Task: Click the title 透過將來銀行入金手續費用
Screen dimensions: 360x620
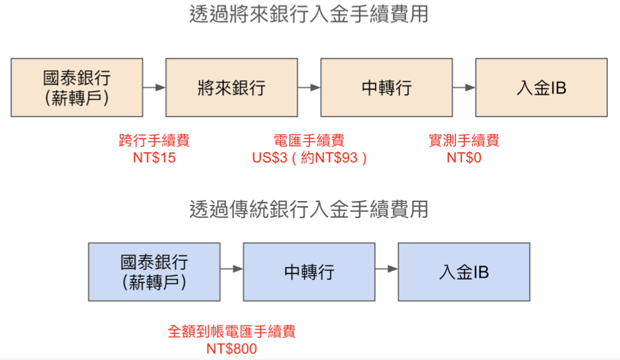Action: [x=309, y=14]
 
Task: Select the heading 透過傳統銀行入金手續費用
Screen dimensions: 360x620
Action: [x=309, y=209]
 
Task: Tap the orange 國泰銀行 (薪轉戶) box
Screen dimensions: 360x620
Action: [x=76, y=88]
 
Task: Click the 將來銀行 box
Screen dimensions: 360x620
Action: [x=232, y=88]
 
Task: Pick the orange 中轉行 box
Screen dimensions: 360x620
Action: [x=386, y=88]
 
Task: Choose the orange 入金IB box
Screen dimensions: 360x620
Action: [x=541, y=88]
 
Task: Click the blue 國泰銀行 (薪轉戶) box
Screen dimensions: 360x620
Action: [x=154, y=272]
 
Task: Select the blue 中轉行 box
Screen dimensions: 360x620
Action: [x=309, y=272]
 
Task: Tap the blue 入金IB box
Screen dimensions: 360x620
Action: [x=464, y=272]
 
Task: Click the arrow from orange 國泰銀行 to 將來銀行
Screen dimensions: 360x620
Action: [x=154, y=88]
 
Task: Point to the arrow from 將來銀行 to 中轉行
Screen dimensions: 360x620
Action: [x=309, y=88]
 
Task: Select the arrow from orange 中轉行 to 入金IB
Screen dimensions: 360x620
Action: [x=464, y=88]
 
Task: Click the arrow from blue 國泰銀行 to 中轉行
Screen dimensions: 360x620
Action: [x=232, y=269]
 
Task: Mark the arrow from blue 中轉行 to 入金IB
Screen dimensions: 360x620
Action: [x=386, y=269]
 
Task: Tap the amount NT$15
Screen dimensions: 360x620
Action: [x=154, y=158]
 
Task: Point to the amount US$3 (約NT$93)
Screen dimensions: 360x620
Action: [x=309, y=158]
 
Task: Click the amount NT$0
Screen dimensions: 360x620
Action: [x=464, y=158]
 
